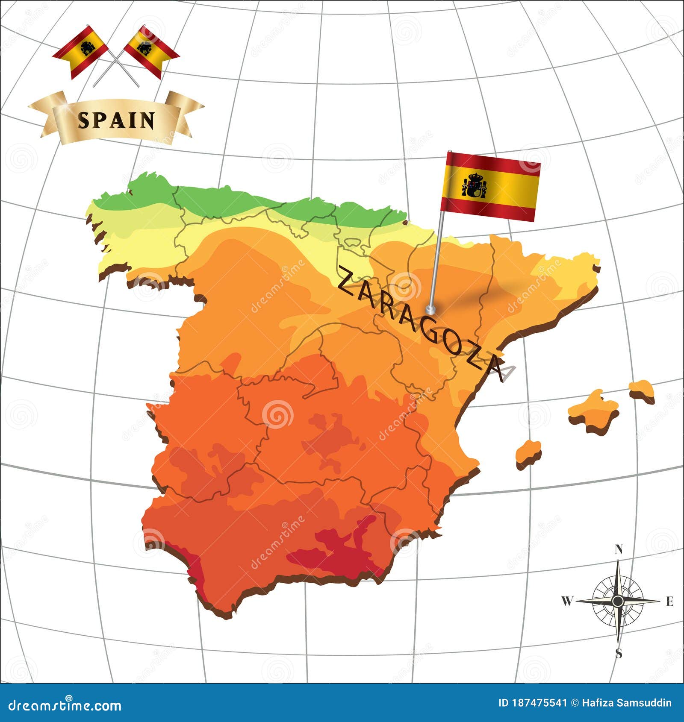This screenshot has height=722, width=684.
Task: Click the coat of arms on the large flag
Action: coord(474,186)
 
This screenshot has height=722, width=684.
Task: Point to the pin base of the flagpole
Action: coord(430,309)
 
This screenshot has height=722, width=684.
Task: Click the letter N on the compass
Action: coord(618,549)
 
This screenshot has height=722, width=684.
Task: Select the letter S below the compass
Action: coord(619,654)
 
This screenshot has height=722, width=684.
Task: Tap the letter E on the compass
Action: coord(669,602)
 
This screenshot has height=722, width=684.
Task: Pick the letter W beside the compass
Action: coord(566,602)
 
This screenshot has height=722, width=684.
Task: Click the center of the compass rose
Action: coord(617,602)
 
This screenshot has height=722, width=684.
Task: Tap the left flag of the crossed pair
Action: coord(81,50)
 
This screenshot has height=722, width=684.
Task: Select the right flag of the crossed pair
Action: coord(150,50)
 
